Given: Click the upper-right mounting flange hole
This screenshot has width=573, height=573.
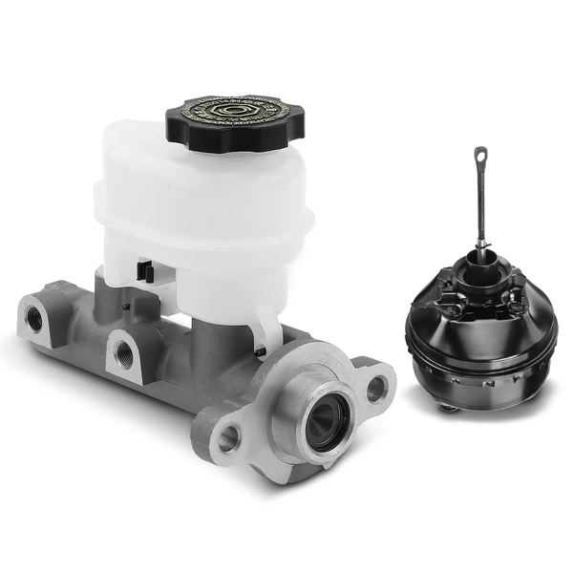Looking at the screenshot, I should tap(377, 388).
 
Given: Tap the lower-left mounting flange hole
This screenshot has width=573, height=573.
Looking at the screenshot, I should tap(228, 438).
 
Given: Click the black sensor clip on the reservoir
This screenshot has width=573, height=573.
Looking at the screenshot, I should tap(145, 270).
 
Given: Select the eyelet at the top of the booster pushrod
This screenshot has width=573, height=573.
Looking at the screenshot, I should tap(480, 155).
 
